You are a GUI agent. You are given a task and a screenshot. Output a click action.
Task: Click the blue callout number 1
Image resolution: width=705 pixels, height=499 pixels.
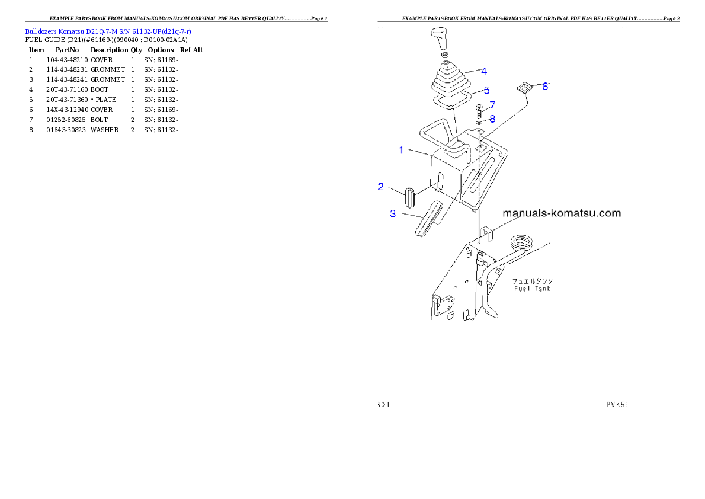pyautogui.click(x=401, y=150)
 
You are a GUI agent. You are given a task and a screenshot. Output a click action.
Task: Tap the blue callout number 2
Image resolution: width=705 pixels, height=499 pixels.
pyautogui.click(x=381, y=187)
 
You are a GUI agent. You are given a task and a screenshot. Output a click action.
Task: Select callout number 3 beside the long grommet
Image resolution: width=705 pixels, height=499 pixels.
pyautogui.click(x=393, y=214)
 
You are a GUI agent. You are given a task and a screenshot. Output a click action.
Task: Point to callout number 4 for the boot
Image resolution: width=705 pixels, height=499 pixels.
pyautogui.click(x=484, y=71)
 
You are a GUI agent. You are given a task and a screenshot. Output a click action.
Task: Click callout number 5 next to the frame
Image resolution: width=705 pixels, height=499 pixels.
pyautogui.click(x=486, y=90)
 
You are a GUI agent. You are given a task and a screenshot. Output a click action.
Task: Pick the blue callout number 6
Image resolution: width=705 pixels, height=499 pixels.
pyautogui.click(x=545, y=86)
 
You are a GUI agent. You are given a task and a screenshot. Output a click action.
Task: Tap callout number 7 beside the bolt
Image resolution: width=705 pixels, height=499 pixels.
pyautogui.click(x=492, y=105)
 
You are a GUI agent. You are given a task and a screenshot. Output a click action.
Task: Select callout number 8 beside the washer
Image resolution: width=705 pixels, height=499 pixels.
pyautogui.click(x=492, y=119)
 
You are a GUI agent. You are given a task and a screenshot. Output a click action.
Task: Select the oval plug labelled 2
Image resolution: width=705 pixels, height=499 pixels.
pyautogui.click(x=409, y=197)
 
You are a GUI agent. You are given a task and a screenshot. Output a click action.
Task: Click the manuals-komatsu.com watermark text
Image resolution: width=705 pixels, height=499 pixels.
pyautogui.click(x=561, y=213)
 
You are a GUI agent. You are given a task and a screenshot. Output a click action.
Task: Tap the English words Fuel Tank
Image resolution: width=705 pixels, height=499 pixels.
pyautogui.click(x=531, y=289)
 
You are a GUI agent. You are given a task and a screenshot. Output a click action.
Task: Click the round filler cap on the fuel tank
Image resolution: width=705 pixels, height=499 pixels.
pyautogui.click(x=521, y=242)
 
